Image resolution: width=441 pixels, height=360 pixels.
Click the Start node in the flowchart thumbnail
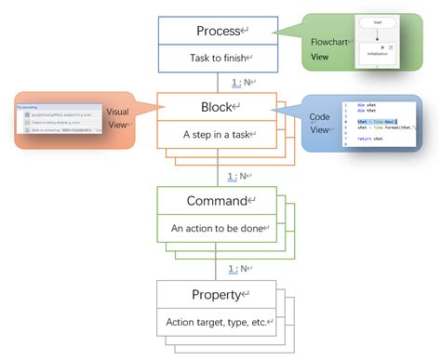378,20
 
